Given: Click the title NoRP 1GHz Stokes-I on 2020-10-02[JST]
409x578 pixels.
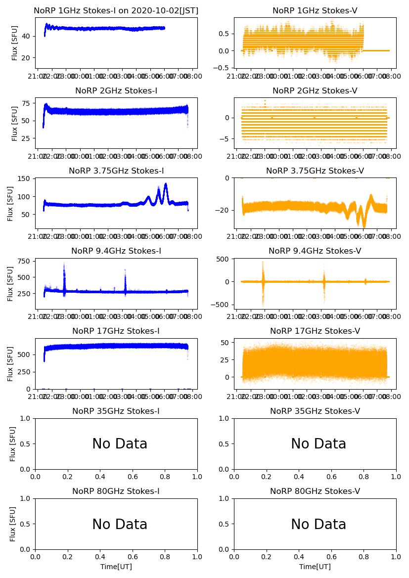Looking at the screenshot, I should coord(116,10).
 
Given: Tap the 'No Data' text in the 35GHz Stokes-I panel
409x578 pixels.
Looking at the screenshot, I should coord(120,444).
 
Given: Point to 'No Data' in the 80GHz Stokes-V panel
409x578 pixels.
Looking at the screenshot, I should coord(318,524).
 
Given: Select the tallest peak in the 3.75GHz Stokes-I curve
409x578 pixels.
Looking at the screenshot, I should coord(166,184).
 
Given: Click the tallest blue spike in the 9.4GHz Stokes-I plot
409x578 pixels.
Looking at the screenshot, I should coord(64,265).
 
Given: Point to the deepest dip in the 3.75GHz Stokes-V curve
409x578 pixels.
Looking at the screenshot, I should coord(364,226).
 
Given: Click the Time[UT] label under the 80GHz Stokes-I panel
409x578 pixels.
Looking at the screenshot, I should coord(116,566).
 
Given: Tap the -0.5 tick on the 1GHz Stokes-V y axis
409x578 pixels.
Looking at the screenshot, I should coord(223,68).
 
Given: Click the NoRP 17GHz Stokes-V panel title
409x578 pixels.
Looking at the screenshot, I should coord(315,331).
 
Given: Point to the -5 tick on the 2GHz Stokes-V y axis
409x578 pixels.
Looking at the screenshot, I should coord(226,139).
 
